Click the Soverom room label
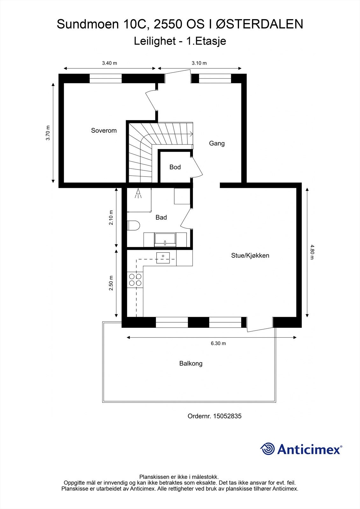(x=104, y=130)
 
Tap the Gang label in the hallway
(x=217, y=143)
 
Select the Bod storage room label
(x=175, y=167)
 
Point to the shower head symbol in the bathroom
(x=138, y=194)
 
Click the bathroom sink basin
(x=165, y=240)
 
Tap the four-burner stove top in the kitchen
(x=135, y=280)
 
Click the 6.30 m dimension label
(x=218, y=343)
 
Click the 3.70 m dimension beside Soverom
(x=48, y=133)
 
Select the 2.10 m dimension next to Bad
(x=111, y=218)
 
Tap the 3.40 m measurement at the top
(x=109, y=63)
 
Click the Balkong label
(x=191, y=363)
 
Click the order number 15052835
(x=227, y=416)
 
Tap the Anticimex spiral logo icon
(x=267, y=449)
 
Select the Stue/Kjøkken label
(x=250, y=255)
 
